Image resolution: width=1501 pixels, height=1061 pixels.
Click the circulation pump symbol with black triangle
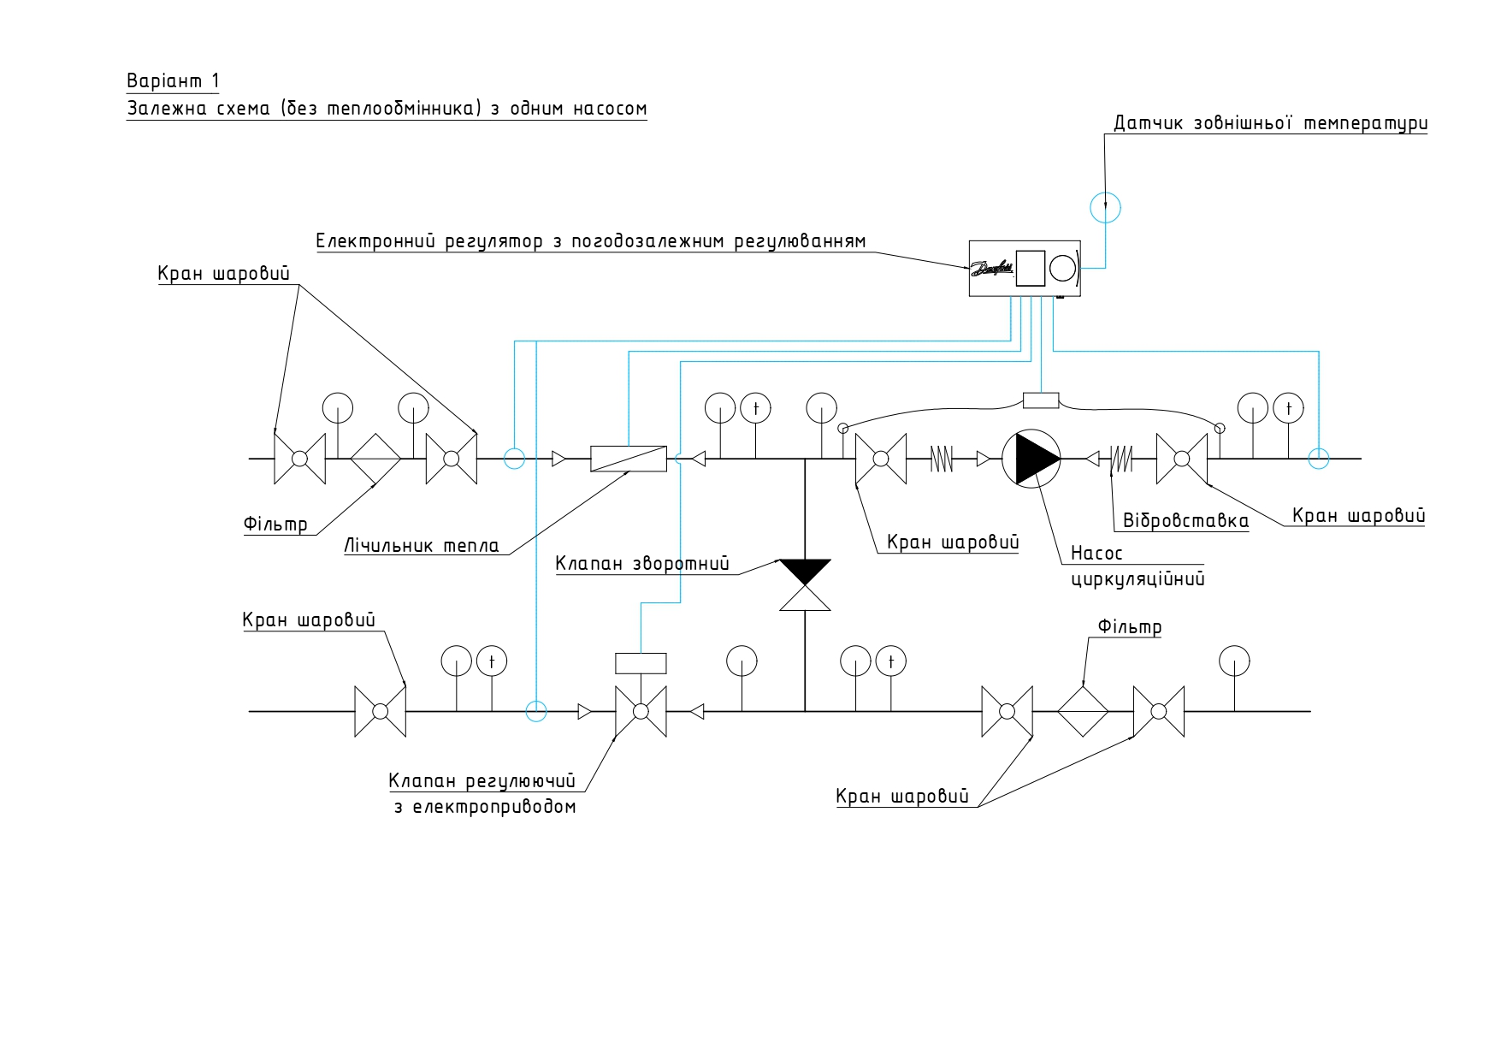tap(1031, 459)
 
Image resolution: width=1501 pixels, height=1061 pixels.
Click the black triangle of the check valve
tap(805, 572)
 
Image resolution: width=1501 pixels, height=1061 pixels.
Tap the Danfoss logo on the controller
tap(992, 269)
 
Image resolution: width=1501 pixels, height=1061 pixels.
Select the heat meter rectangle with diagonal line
tap(629, 459)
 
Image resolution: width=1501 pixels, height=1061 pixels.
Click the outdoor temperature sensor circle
tap(1105, 207)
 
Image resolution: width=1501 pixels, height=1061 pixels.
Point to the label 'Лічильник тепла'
tap(422, 546)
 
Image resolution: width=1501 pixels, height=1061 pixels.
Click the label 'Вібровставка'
tap(1185, 521)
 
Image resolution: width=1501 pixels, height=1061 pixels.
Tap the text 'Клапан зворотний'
tap(642, 564)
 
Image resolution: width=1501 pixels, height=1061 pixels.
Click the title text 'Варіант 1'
tap(174, 81)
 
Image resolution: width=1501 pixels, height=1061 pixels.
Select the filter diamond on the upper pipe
tap(375, 459)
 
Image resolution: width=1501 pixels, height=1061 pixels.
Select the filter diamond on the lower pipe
tap(1083, 711)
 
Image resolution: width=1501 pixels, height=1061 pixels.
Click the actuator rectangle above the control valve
tap(641, 663)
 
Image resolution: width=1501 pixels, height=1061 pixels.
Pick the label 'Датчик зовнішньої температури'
tap(1271, 123)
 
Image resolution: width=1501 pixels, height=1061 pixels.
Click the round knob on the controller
tap(1062, 268)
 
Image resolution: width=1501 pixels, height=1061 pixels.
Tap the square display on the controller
tap(1031, 268)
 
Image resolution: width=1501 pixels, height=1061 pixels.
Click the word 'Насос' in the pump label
tap(1096, 554)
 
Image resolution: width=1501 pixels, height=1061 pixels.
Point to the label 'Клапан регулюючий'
tap(482, 781)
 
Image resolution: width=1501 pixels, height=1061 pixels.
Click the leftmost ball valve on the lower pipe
tap(381, 711)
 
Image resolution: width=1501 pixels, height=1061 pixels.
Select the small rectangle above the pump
tap(1041, 400)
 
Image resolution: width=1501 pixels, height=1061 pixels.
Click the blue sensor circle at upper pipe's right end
tap(1319, 459)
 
